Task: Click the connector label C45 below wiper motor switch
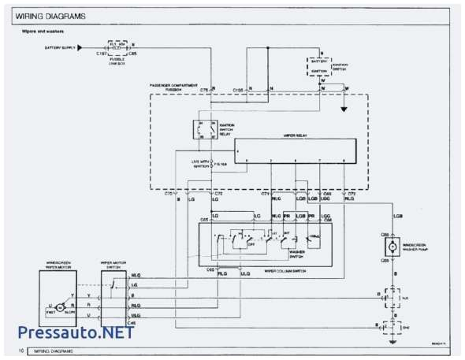pos(110,324)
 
